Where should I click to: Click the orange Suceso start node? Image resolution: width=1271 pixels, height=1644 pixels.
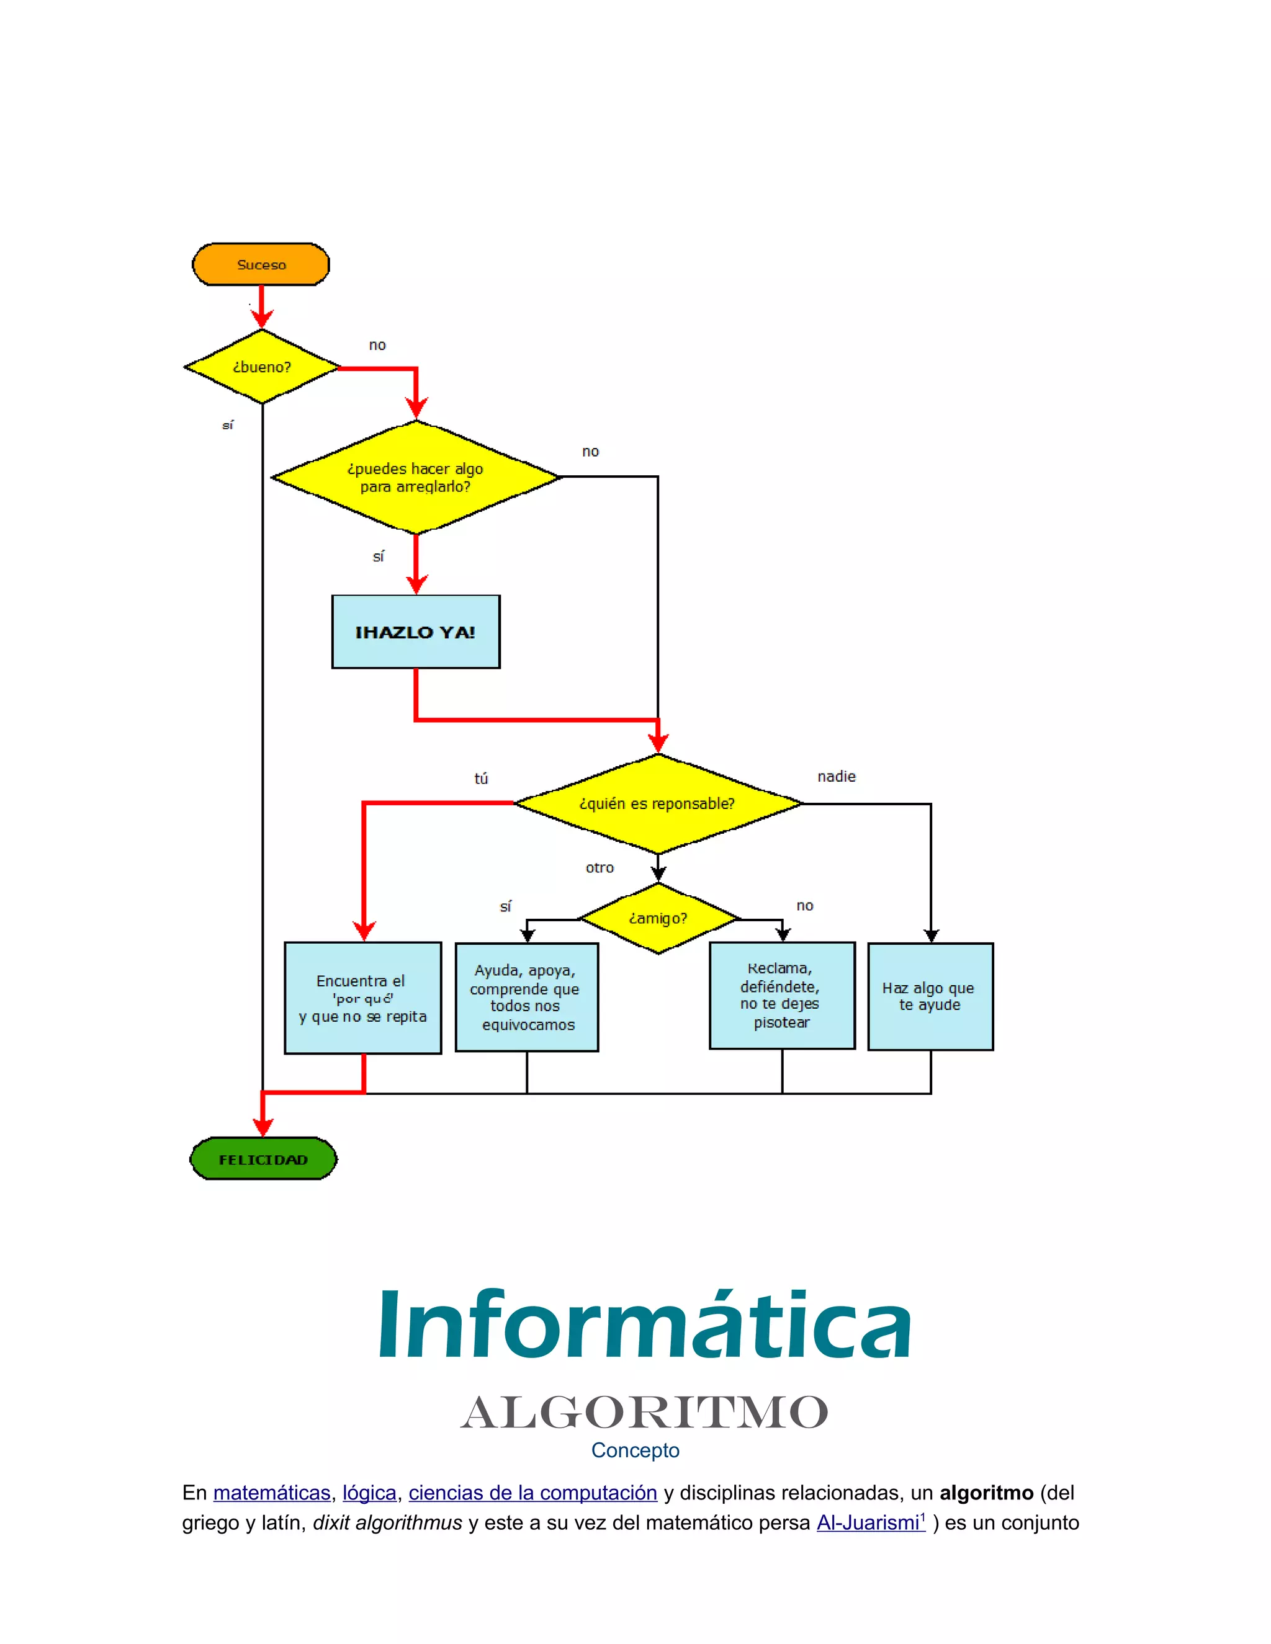click(261, 264)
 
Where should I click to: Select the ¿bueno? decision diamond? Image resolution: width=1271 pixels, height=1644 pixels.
click(261, 367)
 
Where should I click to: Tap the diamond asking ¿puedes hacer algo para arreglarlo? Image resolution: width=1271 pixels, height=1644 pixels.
click(416, 477)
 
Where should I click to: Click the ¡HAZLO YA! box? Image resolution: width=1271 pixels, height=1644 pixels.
click(416, 632)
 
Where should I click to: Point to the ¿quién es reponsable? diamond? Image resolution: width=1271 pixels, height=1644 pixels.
click(657, 803)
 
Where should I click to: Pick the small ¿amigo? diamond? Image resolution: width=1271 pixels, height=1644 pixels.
click(658, 918)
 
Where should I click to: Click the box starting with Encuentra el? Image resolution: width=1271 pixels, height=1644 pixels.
click(362, 998)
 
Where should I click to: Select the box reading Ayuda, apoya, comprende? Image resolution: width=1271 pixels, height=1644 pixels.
click(526, 997)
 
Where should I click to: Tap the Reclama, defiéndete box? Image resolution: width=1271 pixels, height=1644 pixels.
click(781, 994)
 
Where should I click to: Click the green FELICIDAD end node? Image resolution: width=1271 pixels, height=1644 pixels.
click(263, 1159)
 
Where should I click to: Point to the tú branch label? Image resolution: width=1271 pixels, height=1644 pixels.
click(481, 779)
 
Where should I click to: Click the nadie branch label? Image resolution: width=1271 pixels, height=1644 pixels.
click(837, 776)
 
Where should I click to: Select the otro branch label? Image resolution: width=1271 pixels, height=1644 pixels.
click(600, 868)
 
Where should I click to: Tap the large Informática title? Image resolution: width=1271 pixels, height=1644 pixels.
click(645, 1326)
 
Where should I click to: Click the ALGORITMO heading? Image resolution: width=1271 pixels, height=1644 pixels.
click(645, 1412)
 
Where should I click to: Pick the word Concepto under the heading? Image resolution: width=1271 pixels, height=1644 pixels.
click(635, 1450)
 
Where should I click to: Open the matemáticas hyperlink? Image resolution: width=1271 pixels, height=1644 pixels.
click(272, 1493)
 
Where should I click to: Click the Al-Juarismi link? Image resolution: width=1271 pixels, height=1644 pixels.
click(869, 1523)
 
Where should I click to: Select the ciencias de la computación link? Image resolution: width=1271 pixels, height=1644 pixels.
click(532, 1493)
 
